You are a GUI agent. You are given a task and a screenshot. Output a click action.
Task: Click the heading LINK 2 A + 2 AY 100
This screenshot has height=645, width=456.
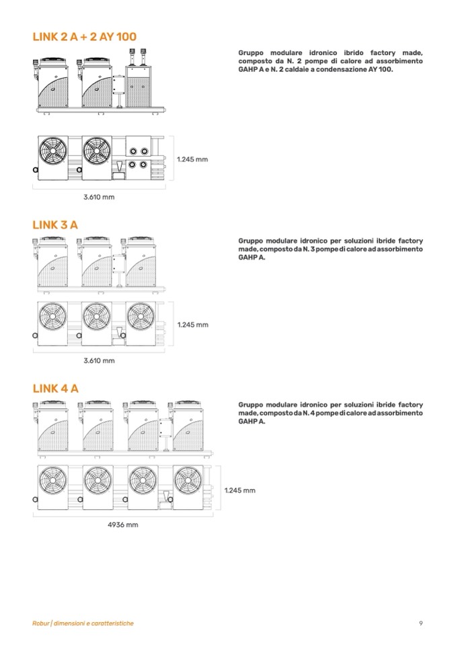coord(84,36)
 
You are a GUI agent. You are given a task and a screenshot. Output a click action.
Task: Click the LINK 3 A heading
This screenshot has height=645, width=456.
coord(55,225)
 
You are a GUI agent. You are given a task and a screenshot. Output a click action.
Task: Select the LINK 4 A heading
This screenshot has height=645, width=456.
coord(56,388)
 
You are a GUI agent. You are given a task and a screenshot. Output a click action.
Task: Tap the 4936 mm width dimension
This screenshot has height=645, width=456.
coord(123,525)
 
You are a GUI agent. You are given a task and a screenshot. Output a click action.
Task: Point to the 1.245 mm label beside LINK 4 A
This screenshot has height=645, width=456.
coord(239,490)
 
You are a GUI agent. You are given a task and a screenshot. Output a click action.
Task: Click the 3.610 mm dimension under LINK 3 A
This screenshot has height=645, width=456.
coord(99,361)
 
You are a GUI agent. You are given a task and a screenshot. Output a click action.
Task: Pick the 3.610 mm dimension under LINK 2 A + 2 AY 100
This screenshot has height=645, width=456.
coord(99,197)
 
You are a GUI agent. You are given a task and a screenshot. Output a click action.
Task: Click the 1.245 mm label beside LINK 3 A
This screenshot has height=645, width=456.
coord(193,325)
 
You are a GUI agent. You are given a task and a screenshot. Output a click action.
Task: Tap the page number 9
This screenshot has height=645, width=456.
coord(420,623)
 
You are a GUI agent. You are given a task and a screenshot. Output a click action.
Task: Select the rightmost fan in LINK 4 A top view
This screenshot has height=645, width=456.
coord(188,480)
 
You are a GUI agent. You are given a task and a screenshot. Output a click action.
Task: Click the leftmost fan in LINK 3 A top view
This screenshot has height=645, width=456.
coord(52,317)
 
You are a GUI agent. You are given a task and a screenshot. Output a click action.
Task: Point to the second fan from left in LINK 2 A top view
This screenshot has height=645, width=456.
coord(97,151)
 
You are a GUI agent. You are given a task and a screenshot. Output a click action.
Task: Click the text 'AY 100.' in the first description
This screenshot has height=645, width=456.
coord(381,69)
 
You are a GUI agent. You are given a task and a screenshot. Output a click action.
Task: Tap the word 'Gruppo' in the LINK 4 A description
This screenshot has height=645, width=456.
coord(250,405)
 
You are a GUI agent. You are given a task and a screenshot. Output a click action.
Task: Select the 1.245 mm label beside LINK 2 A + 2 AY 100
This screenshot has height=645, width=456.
coord(192,159)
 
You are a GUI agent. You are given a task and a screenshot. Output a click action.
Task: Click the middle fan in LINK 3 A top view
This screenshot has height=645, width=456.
coord(97,317)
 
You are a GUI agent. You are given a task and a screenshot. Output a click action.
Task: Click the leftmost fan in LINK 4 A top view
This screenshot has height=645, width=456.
coord(52,480)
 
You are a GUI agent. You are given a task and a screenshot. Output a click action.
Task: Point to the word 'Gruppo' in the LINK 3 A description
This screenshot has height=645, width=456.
coord(250,241)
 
